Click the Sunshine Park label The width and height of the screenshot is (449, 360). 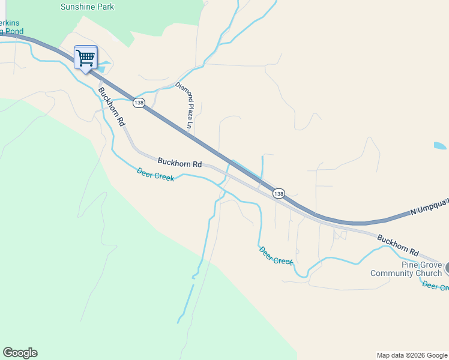pyautogui.click(x=87, y=7)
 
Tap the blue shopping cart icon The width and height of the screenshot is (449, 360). pyautogui.click(x=86, y=58)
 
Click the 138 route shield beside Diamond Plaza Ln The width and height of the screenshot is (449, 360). pyautogui.click(x=139, y=103)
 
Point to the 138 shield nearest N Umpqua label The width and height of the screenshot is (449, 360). pyautogui.click(x=279, y=193)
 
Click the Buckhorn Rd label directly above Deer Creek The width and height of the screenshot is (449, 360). pyautogui.click(x=180, y=162)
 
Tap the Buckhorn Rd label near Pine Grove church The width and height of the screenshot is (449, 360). pyautogui.click(x=397, y=244)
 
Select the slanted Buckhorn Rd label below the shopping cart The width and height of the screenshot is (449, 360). pyautogui.click(x=112, y=106)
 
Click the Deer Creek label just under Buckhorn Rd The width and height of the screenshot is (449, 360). pyautogui.click(x=155, y=174)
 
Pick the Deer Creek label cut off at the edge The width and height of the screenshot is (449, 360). pyautogui.click(x=435, y=287)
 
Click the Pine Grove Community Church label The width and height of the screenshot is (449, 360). pyautogui.click(x=406, y=269)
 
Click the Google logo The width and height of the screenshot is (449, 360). pyautogui.click(x=20, y=353)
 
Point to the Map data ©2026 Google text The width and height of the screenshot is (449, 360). pyautogui.click(x=412, y=355)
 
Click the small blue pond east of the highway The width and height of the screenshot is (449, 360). pyautogui.click(x=440, y=146)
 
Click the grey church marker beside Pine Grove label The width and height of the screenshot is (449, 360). pyautogui.click(x=447, y=269)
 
